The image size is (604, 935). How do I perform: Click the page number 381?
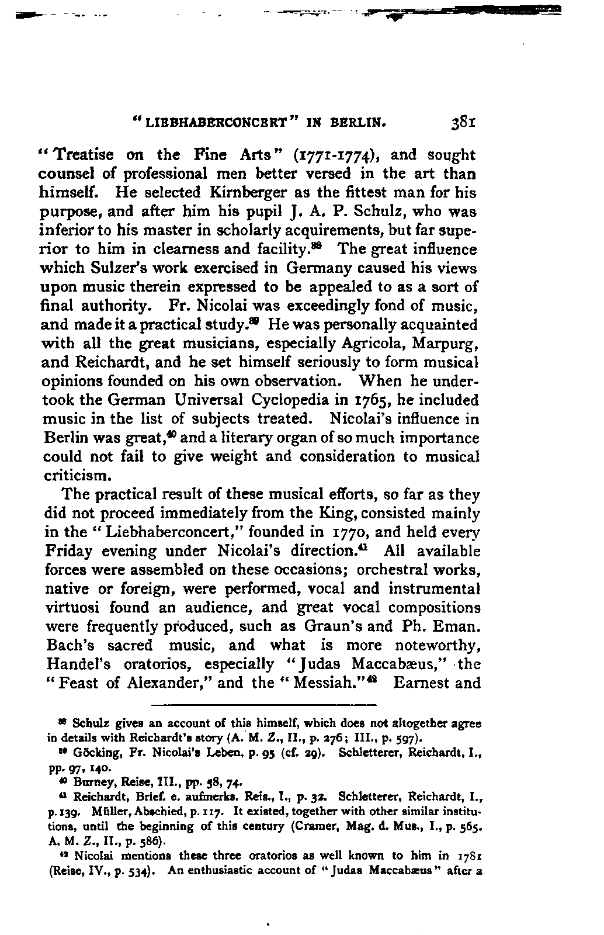(464, 124)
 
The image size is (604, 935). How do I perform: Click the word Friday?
(71, 551)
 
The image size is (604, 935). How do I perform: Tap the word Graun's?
(333, 626)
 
